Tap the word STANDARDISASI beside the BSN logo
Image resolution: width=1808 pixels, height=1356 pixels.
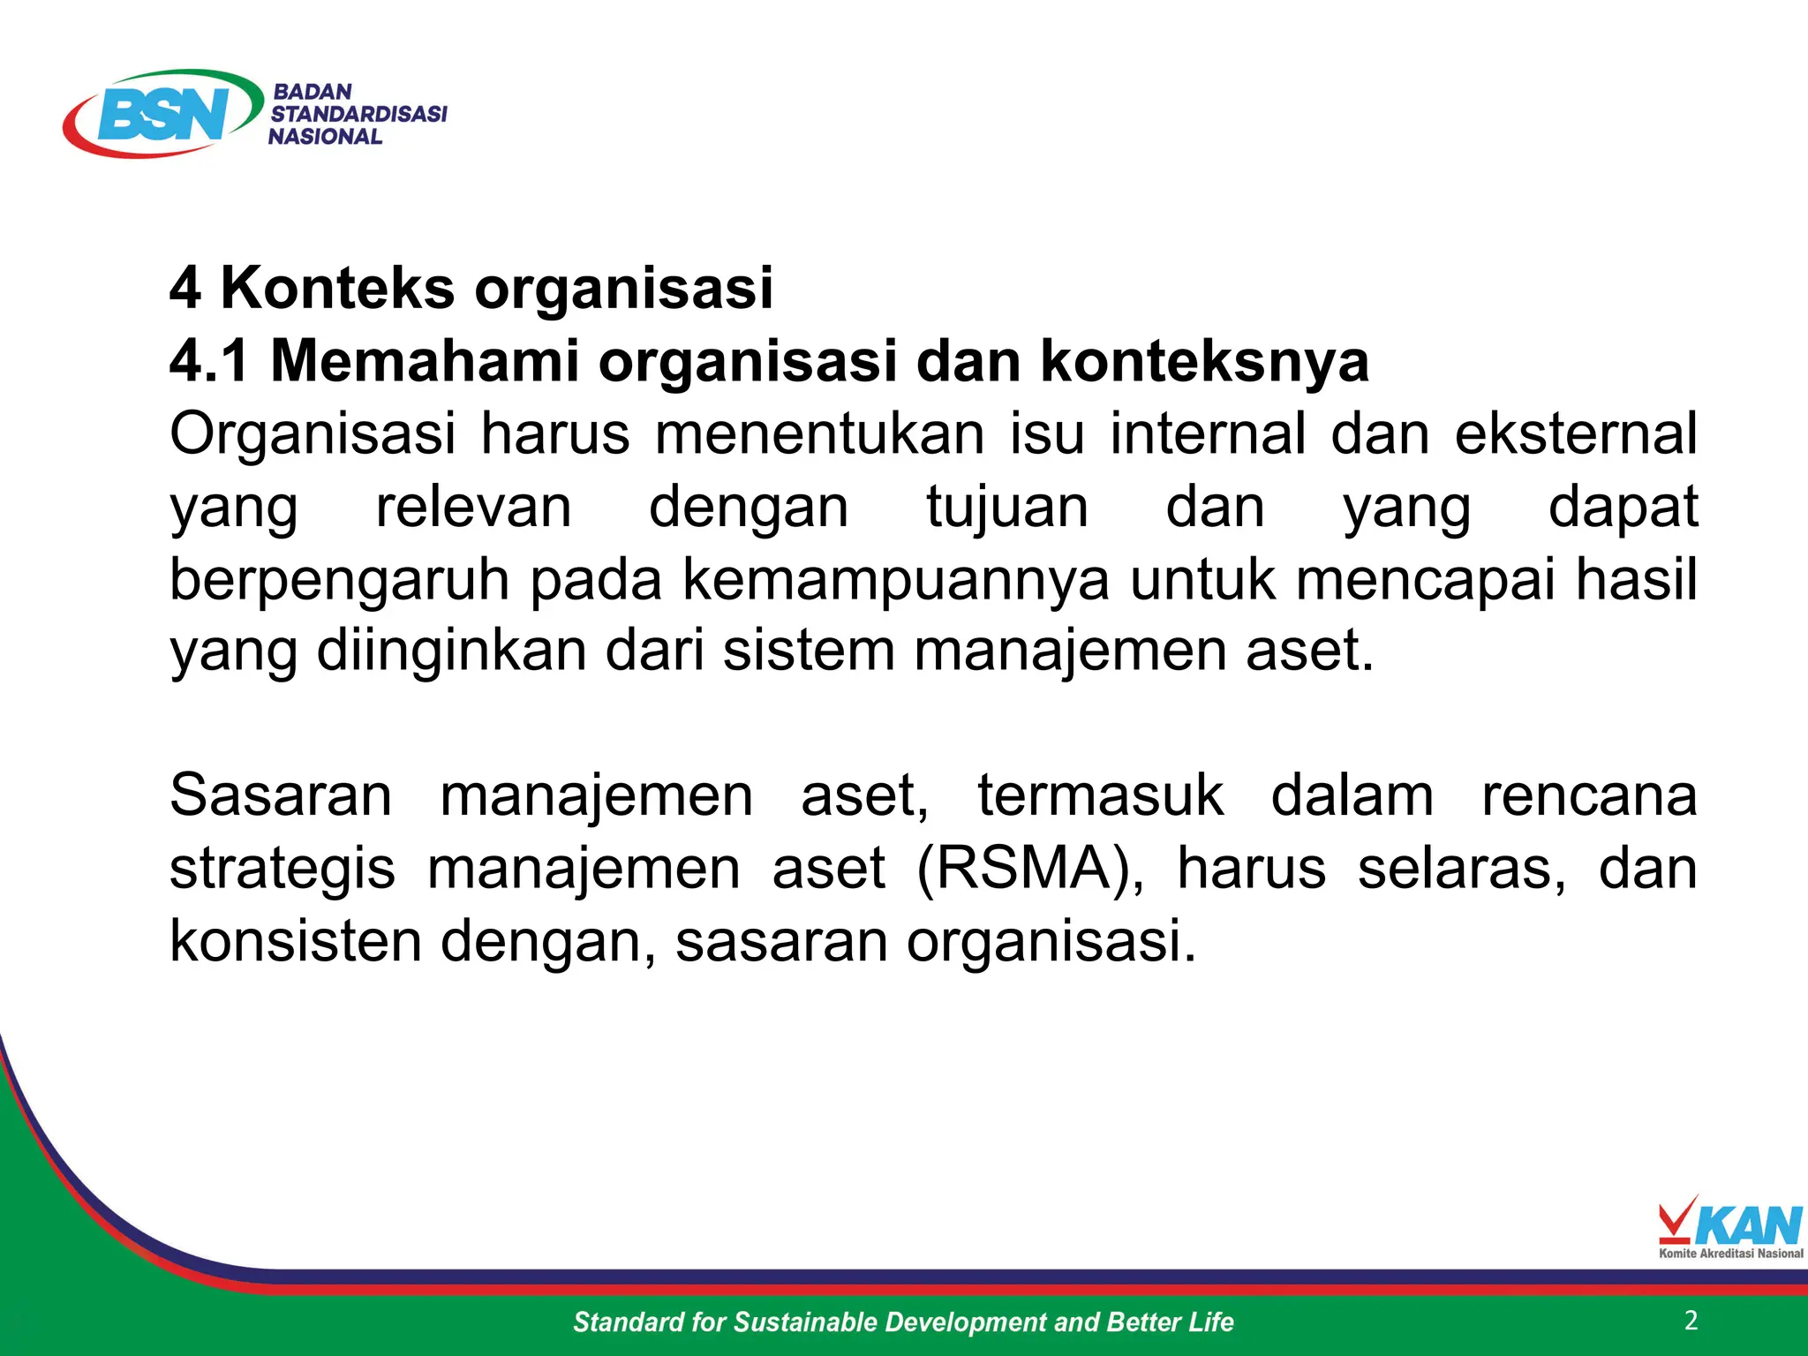tap(358, 114)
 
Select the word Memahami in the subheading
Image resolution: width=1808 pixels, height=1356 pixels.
tap(424, 361)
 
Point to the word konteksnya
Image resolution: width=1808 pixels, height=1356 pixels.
tap(1204, 361)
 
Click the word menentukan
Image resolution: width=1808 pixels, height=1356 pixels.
tap(819, 434)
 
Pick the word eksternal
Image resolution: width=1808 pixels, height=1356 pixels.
tap(1575, 434)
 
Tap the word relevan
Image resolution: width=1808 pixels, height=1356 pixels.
tap(474, 508)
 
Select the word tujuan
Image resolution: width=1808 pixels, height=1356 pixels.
tap(1007, 508)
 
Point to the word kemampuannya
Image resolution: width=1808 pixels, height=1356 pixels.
tap(895, 581)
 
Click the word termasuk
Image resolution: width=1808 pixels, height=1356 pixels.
tap(1100, 795)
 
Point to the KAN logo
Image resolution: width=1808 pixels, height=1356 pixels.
tap(1729, 1227)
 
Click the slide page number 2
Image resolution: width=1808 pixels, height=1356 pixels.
tap(1691, 1321)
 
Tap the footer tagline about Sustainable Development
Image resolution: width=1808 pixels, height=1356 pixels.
tap(903, 1322)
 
